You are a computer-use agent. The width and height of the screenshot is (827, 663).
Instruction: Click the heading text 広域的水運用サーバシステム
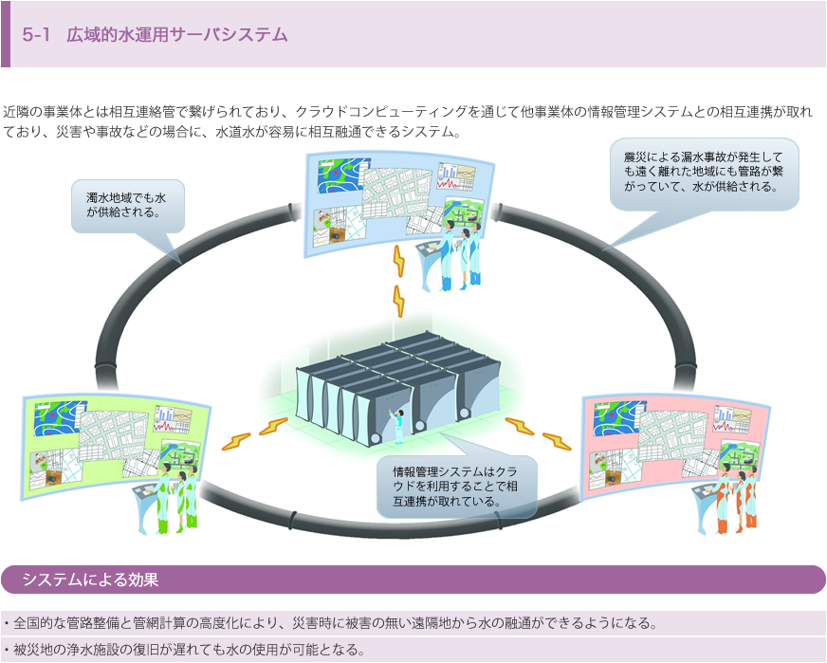pyautogui.click(x=176, y=35)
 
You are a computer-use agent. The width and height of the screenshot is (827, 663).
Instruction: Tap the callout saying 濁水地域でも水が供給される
pyautogui.click(x=126, y=205)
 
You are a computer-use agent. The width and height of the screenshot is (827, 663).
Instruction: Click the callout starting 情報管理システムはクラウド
pyautogui.click(x=456, y=485)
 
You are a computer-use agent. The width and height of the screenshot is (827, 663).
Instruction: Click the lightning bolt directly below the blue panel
pyautogui.click(x=398, y=281)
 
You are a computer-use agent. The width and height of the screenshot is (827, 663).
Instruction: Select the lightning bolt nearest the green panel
pyautogui.click(x=252, y=434)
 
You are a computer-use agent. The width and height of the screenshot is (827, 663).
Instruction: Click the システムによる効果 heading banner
pyautogui.click(x=90, y=580)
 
